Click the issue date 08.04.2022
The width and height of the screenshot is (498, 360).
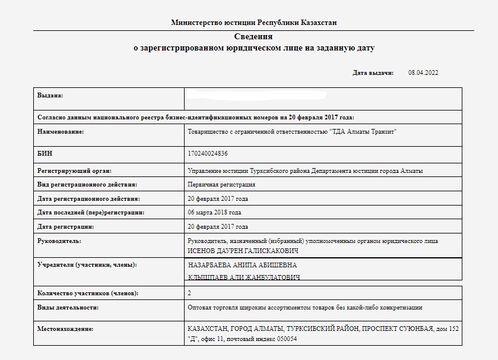click(x=423, y=72)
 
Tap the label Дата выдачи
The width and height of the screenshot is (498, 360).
click(x=373, y=72)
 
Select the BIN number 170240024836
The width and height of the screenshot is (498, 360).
click(x=207, y=154)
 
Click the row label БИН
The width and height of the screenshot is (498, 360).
click(x=45, y=154)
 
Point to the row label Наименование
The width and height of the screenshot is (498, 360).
click(x=61, y=132)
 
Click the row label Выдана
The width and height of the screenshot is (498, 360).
click(x=50, y=95)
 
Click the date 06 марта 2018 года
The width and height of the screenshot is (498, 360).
click(x=214, y=212)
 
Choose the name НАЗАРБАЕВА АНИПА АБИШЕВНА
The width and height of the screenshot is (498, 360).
click(x=242, y=265)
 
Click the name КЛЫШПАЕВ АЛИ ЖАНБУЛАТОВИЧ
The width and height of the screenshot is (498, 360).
click(x=243, y=277)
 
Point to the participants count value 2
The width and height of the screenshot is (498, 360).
click(x=189, y=293)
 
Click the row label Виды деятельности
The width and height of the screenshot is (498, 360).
click(x=68, y=308)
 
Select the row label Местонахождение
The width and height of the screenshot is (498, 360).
click(x=65, y=329)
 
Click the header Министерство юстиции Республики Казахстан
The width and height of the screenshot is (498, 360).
click(x=253, y=23)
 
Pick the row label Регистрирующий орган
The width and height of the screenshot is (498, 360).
click(x=74, y=170)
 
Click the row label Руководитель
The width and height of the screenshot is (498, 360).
click(x=59, y=241)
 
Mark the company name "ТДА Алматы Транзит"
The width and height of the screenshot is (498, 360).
click(x=363, y=132)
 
